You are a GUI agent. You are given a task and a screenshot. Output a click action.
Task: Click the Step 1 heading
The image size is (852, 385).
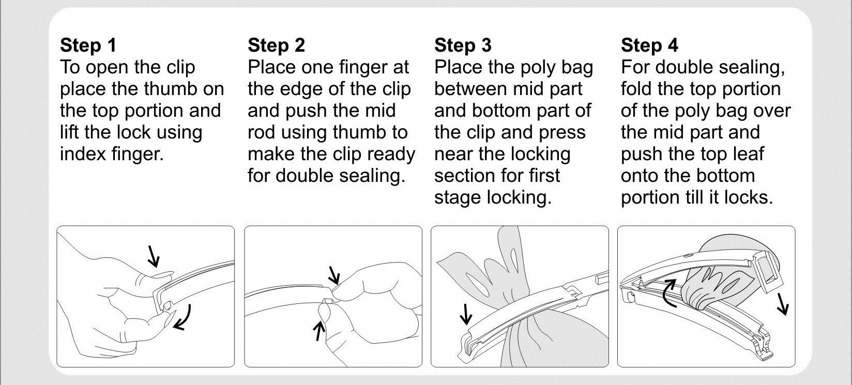(88, 45)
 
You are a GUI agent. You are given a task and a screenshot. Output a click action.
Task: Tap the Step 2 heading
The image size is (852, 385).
(276, 45)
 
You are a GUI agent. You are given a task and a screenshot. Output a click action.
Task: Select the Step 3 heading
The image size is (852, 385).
(463, 45)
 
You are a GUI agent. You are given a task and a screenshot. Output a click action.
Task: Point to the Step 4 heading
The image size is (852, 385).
(650, 45)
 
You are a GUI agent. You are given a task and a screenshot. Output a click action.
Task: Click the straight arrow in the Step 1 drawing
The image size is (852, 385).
(153, 256)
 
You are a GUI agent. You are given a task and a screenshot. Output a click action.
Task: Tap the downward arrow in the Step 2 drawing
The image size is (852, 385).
(334, 275)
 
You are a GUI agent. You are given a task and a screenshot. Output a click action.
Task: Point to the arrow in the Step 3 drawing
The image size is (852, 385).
(466, 314)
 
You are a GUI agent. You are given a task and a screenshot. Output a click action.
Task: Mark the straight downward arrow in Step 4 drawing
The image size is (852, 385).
(783, 304)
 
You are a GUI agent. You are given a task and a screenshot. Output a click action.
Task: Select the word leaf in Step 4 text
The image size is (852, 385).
(749, 154)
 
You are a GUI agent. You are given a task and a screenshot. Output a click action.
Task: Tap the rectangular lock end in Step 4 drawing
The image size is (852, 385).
(766, 272)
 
